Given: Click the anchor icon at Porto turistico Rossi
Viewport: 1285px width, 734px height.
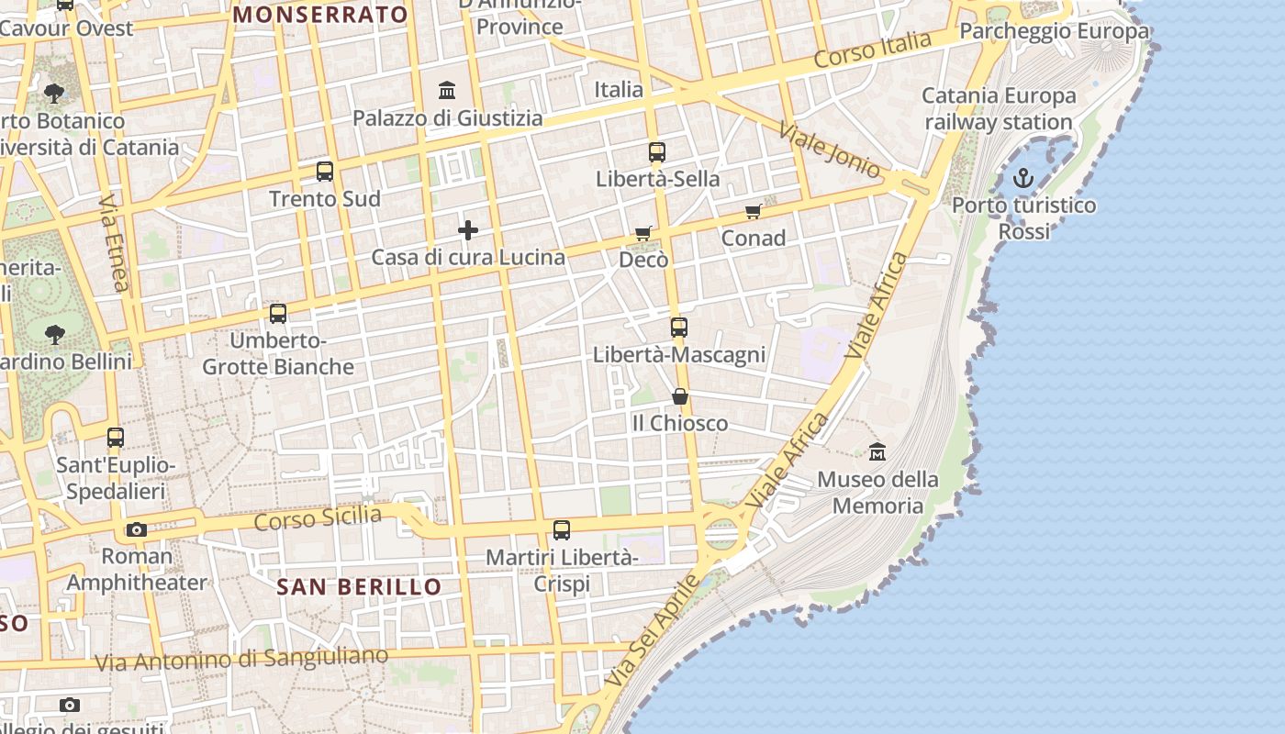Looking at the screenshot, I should [x=1023, y=178].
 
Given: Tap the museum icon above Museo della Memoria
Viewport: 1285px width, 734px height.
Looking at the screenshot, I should [x=877, y=451].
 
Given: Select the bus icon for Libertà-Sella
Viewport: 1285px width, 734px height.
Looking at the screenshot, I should [x=657, y=152].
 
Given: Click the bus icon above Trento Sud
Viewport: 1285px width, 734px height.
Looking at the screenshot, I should [x=325, y=172].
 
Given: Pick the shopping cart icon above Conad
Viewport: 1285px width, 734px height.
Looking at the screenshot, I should [x=754, y=212].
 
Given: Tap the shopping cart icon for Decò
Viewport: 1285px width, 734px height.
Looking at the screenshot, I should [x=643, y=234].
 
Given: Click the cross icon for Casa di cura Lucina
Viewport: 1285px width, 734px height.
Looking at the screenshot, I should [x=468, y=230].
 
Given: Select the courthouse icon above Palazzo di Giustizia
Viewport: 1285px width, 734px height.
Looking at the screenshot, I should [x=447, y=91].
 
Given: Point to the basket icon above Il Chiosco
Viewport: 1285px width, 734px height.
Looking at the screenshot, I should [x=680, y=396].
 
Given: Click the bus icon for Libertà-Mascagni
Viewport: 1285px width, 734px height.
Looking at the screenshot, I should [x=679, y=328].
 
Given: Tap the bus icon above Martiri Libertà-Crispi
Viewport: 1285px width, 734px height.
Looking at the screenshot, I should [x=562, y=530].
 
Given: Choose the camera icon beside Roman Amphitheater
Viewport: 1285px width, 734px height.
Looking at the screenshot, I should [x=137, y=529].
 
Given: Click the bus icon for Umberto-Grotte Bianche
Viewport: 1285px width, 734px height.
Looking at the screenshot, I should [x=278, y=314].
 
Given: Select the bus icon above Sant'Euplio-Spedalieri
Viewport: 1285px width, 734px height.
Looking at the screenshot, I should [x=116, y=438].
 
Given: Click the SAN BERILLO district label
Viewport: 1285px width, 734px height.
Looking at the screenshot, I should [x=359, y=586].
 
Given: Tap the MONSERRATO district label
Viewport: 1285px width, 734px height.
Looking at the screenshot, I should [x=319, y=15].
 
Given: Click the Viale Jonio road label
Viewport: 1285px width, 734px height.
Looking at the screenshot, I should [x=830, y=150].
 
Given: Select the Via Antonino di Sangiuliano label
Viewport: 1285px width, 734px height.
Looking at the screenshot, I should [x=241, y=659].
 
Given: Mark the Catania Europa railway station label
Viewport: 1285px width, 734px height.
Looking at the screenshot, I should [x=999, y=108].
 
